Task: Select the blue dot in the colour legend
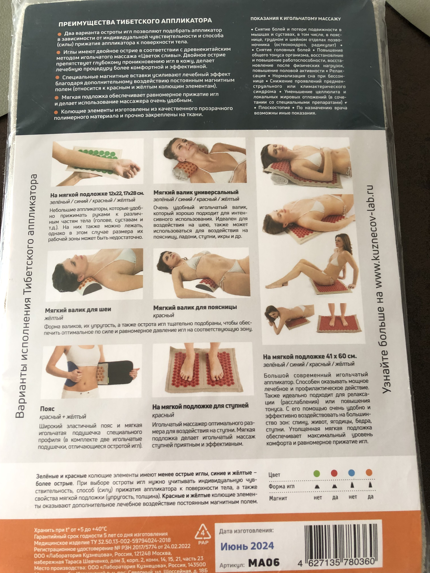point(352,473)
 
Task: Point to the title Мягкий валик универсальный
point(196,192)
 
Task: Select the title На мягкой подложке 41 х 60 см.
point(310,356)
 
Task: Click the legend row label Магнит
point(278,498)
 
